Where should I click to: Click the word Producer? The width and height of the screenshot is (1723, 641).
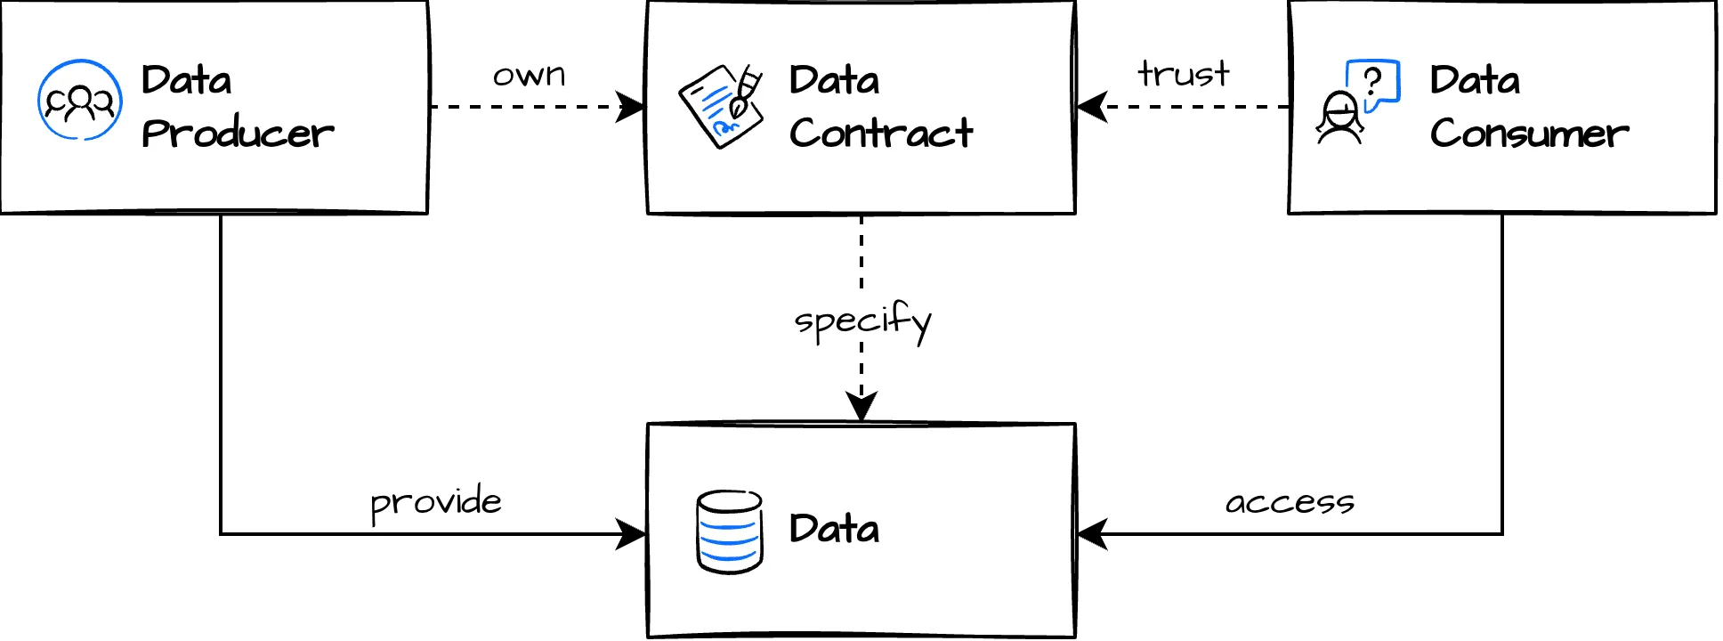pos(238,134)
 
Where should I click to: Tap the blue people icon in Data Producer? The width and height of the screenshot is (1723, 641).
pos(80,101)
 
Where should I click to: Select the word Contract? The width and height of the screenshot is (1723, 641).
pos(881,134)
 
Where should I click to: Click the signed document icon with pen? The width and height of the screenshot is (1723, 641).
pos(722,106)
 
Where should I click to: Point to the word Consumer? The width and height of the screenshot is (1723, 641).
pos(1529,134)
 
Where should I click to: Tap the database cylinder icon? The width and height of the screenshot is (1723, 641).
pos(730,531)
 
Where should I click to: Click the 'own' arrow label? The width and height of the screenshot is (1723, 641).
pos(530,76)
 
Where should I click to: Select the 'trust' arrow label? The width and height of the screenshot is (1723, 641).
pos(1184,74)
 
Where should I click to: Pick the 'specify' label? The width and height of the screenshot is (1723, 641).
pos(862,321)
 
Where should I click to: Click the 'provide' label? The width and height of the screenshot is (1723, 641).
pos(436,503)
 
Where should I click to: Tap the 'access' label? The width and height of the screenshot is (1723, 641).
pos(1290,503)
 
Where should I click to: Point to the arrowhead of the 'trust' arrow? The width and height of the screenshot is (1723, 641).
pos(1089,107)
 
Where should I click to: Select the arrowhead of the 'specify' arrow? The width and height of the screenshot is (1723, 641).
pos(861,408)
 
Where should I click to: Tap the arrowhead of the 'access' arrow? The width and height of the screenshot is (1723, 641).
pos(1089,534)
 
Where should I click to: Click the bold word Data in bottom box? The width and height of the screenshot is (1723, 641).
pos(834,529)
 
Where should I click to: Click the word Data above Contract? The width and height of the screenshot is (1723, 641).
pos(834,80)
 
